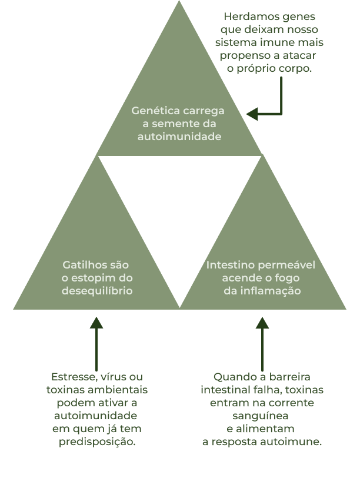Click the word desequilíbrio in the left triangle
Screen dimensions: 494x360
(97, 291)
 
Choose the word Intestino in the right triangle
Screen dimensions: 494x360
(229, 265)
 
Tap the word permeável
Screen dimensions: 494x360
(284, 265)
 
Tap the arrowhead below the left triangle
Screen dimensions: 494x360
(96, 323)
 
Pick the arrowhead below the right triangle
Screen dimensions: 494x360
(262, 323)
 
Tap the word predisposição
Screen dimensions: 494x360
(97, 442)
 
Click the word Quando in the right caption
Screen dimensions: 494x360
(232, 377)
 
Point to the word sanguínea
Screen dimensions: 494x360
(262, 416)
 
